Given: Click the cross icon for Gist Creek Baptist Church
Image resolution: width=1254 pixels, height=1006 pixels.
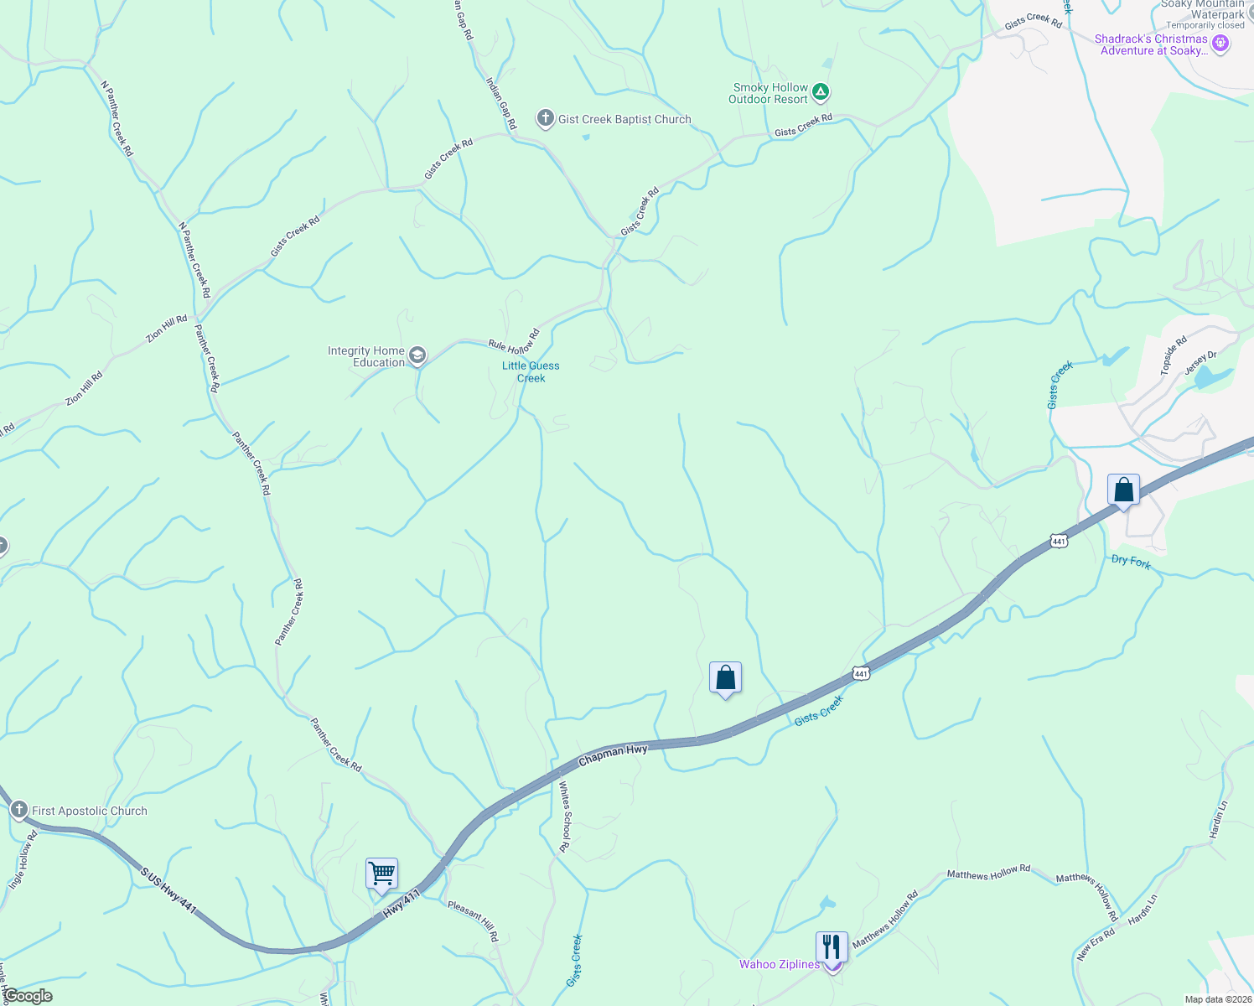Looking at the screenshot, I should coord(546,118).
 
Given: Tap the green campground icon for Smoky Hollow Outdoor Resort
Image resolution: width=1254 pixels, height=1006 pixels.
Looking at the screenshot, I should coord(821,91).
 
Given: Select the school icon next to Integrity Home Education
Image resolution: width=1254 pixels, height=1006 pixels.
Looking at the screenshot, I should coord(417,356).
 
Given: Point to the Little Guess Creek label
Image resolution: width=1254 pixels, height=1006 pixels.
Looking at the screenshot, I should coord(531,371).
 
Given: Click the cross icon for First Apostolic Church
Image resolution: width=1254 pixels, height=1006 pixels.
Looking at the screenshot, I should coord(18,810).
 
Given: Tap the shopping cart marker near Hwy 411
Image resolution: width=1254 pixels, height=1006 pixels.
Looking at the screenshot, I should coord(381,874).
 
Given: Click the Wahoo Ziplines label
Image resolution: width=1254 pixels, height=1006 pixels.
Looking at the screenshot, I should coord(779,964).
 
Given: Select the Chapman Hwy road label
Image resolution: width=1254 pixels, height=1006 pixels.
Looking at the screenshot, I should coord(613,755).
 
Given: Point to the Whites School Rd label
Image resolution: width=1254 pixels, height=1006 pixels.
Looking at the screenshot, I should coord(565,817).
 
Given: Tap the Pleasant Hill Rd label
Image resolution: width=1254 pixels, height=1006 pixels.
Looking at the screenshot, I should coord(473,920).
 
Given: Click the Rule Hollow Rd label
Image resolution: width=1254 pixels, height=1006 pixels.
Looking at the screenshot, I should coord(514,340).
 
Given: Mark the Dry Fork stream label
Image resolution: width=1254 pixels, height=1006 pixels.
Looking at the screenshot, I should coord(1131,561).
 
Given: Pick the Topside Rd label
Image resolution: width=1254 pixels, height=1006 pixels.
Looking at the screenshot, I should coord(1174,355).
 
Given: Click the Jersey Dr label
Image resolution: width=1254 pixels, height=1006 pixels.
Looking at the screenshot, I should coord(1200,364).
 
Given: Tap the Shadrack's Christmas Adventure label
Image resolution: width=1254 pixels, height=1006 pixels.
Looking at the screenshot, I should coord(1151,44).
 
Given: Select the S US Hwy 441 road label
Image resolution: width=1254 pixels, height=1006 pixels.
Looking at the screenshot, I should coord(168,890).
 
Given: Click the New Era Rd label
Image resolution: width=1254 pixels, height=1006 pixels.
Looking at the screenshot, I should coord(1096,943).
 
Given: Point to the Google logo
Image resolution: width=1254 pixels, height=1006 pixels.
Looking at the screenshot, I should coord(28,996).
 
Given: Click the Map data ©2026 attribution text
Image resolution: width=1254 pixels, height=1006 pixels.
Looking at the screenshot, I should coord(1217,999).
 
